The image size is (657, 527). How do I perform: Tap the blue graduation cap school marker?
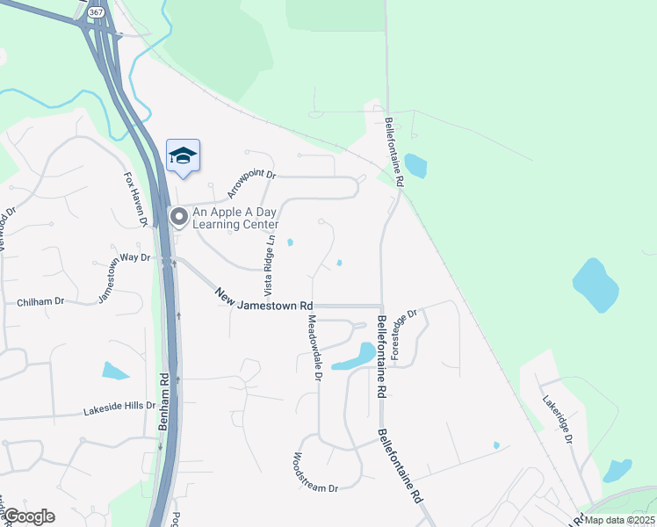coord(183,156)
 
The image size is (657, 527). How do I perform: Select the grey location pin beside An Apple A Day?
coord(178,215)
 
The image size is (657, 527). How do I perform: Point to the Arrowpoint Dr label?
coord(251,184)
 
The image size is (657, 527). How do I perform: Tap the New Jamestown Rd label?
coord(264,298)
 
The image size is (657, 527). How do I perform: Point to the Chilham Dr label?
coord(40,302)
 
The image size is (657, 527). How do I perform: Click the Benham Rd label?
coord(163,401)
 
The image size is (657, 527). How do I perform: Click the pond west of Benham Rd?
coord(115,371)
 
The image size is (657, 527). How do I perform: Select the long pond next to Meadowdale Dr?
coord(354,357)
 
